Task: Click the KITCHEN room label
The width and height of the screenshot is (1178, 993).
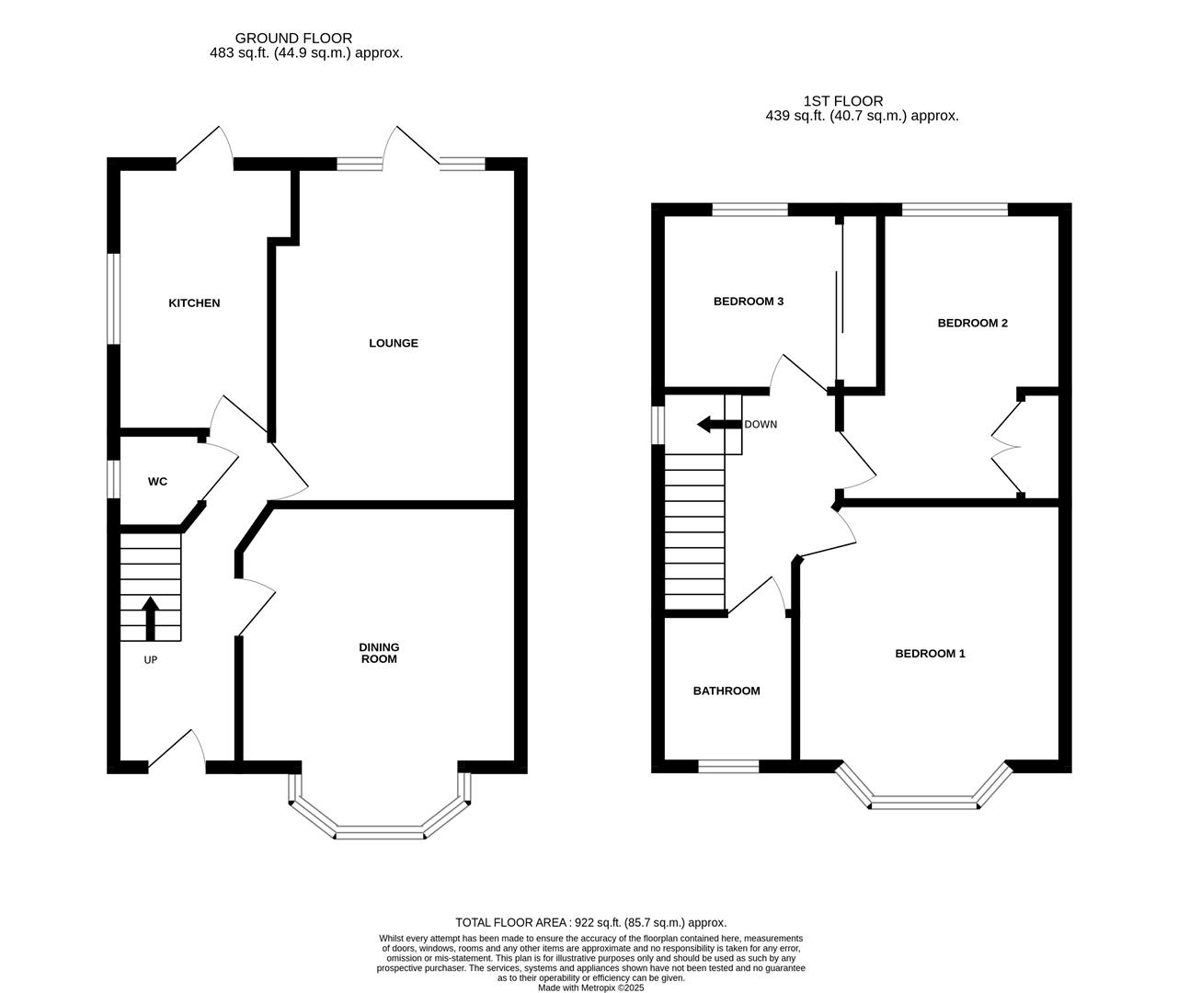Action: pos(194,303)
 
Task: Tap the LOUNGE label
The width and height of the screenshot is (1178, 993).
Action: pos(394,343)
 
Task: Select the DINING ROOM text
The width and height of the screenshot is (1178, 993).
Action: pos(379,653)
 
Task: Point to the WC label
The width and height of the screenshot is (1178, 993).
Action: pos(157,482)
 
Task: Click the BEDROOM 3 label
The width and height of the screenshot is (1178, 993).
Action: pos(748,302)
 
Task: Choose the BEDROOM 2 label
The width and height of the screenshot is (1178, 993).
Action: pos(972,323)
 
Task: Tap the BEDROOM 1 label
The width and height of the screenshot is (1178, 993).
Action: pos(930,654)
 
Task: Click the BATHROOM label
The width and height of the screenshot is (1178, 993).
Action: pos(726,691)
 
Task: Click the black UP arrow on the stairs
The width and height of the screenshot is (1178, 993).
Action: pos(150,617)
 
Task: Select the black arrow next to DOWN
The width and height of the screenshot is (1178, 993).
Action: pos(718,424)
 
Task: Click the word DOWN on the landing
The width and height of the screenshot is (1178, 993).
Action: pos(761,425)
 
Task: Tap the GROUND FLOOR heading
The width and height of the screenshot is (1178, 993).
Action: pos(293,38)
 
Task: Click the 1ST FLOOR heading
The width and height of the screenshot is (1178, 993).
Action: pos(842,101)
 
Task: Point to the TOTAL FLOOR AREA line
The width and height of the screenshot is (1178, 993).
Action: pos(590,922)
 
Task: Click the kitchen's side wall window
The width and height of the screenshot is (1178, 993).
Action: pos(114,299)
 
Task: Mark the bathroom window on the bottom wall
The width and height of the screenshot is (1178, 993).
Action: pos(728,765)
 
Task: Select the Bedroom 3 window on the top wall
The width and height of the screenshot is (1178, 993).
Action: pos(749,210)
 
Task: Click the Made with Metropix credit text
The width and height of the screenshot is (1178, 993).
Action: pos(590,987)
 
